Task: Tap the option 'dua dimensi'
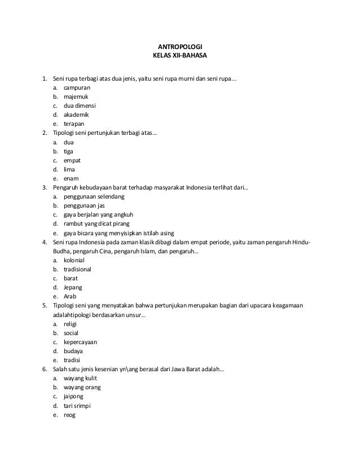[x=80, y=106]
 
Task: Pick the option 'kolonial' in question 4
[x=74, y=260]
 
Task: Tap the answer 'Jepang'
[x=73, y=287]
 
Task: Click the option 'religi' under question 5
[x=70, y=324]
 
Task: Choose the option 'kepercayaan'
[x=81, y=342]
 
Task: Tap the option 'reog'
[x=69, y=415]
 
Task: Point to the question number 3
[x=45, y=187]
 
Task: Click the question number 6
[x=45, y=370]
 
